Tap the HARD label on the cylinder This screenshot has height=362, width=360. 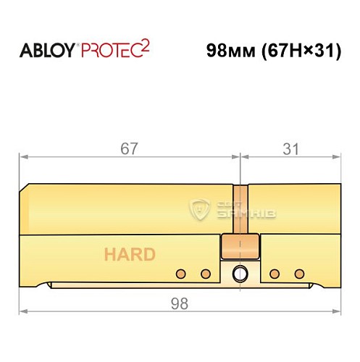point(129,255)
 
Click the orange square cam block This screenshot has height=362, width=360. point(238,246)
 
